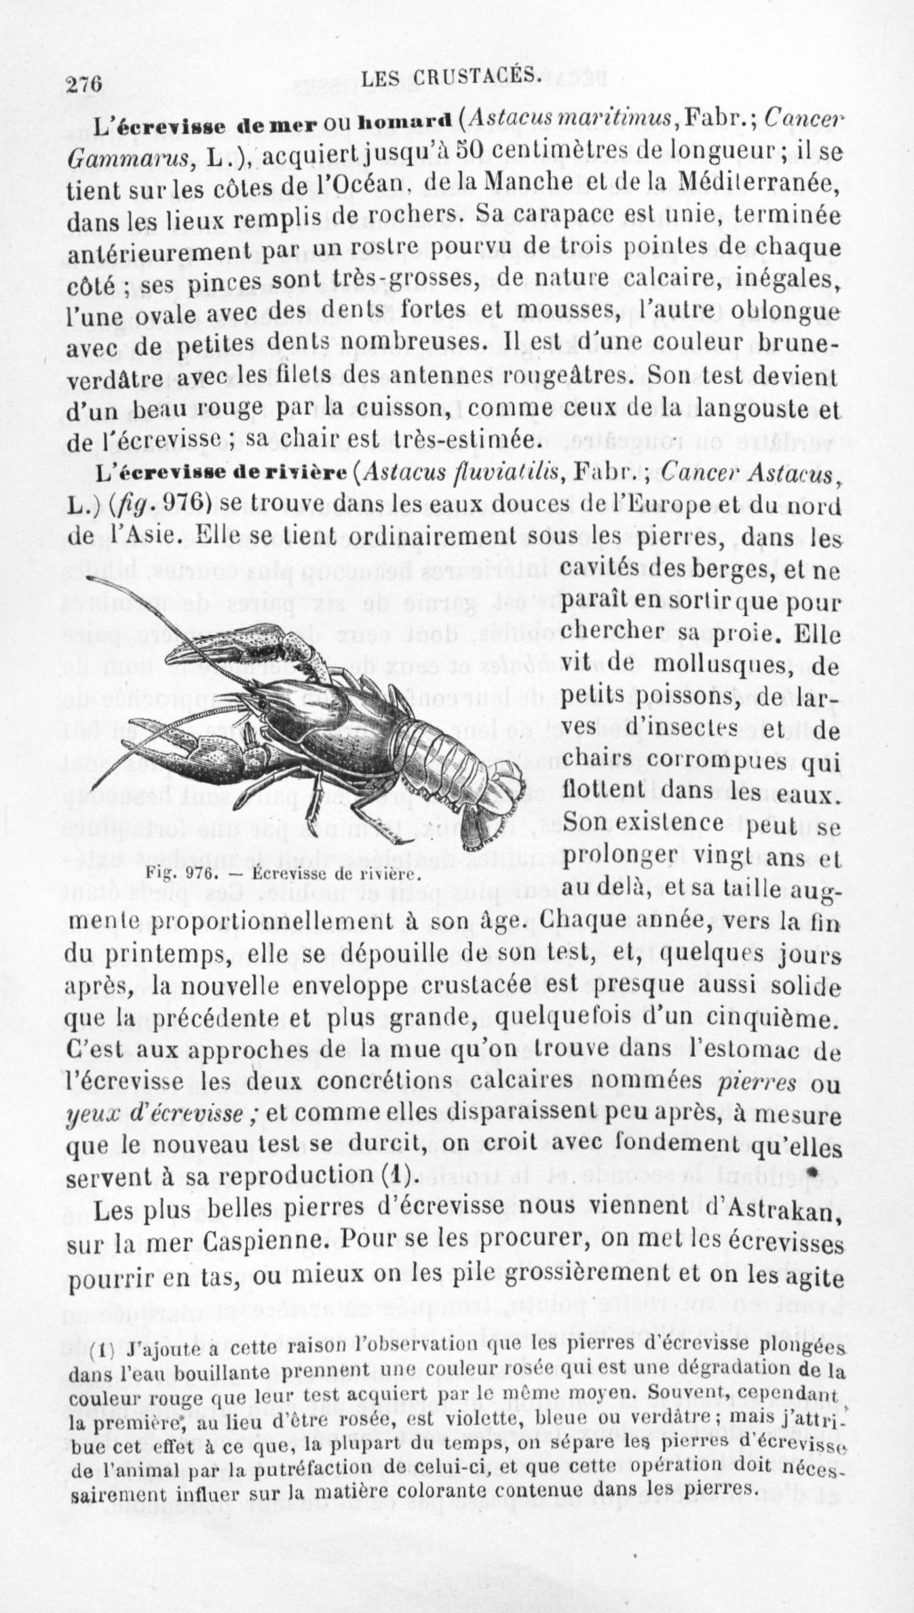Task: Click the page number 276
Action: [x=84, y=84]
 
